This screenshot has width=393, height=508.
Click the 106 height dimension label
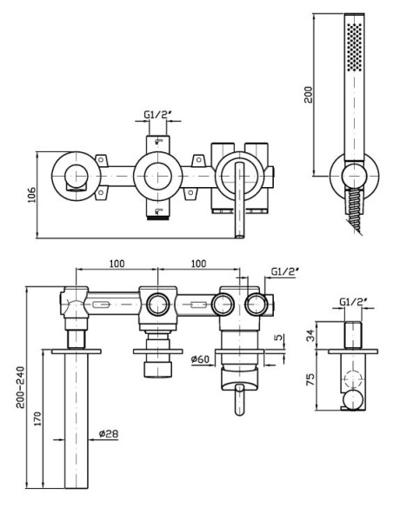[x=31, y=194]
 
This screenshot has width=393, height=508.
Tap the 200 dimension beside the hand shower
[x=309, y=94]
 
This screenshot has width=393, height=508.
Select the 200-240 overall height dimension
[x=21, y=387]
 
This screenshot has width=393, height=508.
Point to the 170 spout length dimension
[x=37, y=418]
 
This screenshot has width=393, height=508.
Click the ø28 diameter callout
[x=109, y=433]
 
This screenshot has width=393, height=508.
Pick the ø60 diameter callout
[x=200, y=359]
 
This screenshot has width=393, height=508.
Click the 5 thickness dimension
[x=278, y=338]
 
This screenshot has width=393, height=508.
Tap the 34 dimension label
[x=310, y=335]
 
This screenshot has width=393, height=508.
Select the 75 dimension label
[x=310, y=379]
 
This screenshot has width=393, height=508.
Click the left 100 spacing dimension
[x=117, y=264]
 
